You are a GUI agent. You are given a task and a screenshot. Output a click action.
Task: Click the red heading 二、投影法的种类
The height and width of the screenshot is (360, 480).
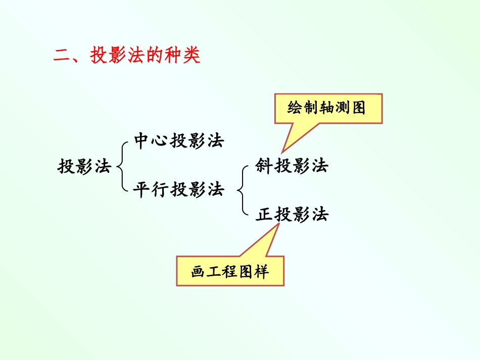(127, 56)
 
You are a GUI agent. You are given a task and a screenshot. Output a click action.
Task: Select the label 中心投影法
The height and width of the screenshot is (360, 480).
(179, 141)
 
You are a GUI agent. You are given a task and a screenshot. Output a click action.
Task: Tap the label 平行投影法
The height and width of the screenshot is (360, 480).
(179, 190)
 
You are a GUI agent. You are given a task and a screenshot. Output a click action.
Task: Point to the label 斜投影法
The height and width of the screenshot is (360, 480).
(292, 166)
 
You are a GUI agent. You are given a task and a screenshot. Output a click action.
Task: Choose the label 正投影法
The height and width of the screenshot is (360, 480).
(292, 215)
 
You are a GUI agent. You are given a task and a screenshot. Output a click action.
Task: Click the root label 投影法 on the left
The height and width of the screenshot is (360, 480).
(84, 166)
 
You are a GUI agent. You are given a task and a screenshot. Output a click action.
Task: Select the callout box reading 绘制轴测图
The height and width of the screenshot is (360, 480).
(328, 108)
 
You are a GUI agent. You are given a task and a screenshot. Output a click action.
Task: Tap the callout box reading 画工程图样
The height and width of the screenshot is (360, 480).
(230, 271)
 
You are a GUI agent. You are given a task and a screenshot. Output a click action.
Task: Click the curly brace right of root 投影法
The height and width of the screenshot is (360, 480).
(122, 166)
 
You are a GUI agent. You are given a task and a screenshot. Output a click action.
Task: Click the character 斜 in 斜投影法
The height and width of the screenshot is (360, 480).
(264, 166)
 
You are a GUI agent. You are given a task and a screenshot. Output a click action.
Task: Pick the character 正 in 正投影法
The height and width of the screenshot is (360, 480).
(264, 215)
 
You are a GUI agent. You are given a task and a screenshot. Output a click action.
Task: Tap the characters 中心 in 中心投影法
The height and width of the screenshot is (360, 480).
(152, 141)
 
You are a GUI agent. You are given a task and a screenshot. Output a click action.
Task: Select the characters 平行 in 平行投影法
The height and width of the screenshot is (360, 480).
(152, 190)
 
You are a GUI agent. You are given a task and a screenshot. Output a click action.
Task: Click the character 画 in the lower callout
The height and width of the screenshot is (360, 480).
(198, 272)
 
